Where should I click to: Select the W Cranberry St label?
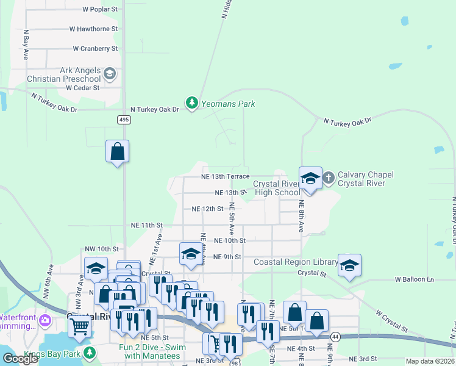pos(95,48)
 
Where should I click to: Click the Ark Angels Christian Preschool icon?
pos(110,74)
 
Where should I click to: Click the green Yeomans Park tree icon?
pos(192,104)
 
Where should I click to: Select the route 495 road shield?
pos(124,120)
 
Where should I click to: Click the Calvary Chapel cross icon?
pos(328,178)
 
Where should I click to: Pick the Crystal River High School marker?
pos(310,179)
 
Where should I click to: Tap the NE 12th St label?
pos(208,209)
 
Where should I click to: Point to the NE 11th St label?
pos(147,225)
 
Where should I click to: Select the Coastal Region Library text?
pos(296,262)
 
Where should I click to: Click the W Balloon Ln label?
pos(414,279)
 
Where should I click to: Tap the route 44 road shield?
pos(335,336)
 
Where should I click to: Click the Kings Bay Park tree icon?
pos(90,353)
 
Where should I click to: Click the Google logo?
pos(20,359)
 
